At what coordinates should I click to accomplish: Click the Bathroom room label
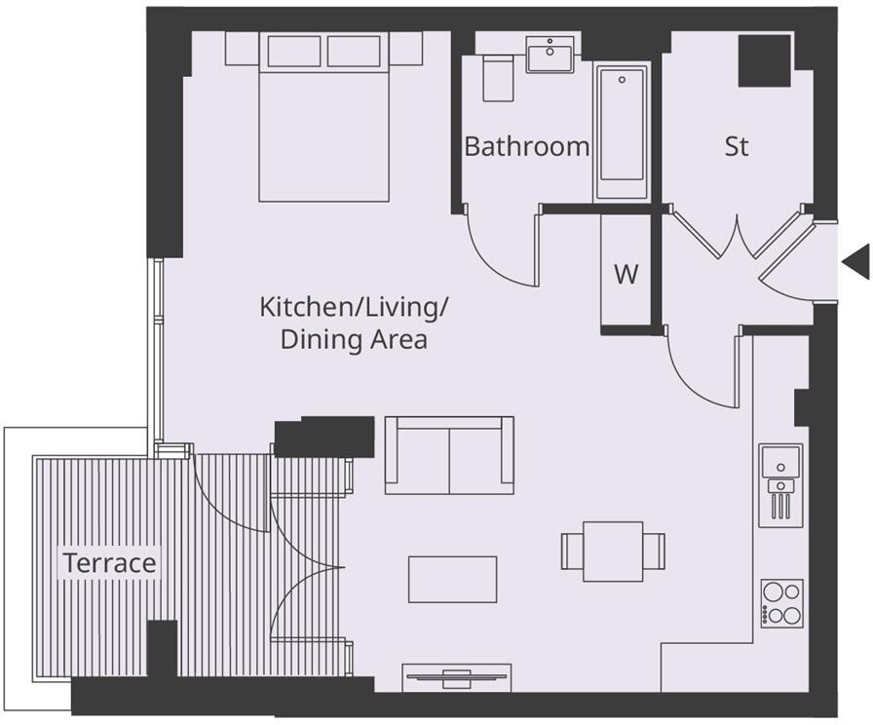(526, 147)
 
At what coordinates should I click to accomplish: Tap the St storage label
(737, 147)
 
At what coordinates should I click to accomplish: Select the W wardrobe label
(626, 274)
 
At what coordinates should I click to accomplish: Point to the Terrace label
(109, 563)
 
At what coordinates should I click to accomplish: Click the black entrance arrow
(855, 261)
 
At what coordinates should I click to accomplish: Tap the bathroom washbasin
(550, 55)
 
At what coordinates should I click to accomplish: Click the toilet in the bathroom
(499, 77)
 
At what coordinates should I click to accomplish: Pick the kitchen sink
(781, 462)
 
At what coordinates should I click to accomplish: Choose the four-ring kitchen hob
(781, 603)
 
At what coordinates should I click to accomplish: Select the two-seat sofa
(449, 455)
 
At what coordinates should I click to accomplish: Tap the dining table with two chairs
(613, 551)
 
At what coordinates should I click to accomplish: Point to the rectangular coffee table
(452, 579)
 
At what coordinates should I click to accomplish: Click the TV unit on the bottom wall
(457, 676)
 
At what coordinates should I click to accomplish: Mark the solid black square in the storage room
(763, 60)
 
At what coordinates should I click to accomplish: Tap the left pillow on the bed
(293, 51)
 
